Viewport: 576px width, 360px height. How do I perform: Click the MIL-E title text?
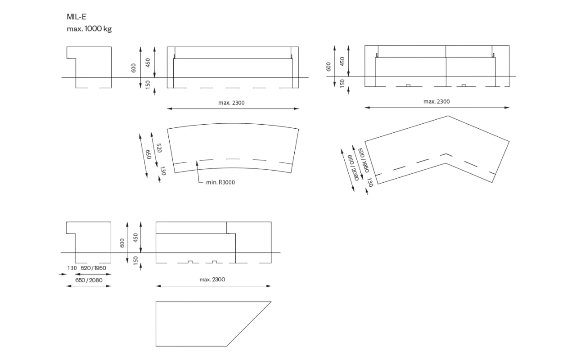(76, 17)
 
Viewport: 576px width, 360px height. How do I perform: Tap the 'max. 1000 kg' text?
(89, 28)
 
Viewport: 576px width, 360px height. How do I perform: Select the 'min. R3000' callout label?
(220, 182)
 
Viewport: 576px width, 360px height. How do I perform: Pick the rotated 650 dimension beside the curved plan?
(148, 154)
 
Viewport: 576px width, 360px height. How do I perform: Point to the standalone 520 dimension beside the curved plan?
(159, 148)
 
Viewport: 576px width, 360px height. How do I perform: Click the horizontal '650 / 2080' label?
(89, 280)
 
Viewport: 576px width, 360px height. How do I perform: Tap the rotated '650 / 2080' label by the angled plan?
(353, 167)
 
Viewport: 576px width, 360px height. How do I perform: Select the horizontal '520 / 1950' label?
(93, 268)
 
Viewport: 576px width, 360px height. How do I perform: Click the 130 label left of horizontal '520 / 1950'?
(72, 268)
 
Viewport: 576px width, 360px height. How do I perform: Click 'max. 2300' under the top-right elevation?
(436, 102)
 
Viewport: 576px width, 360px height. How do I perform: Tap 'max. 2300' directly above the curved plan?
(231, 103)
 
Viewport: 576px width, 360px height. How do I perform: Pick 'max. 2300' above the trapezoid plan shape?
(212, 279)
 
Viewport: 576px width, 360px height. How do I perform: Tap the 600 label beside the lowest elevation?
(122, 243)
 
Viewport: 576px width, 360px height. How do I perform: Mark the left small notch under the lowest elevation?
(190, 262)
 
